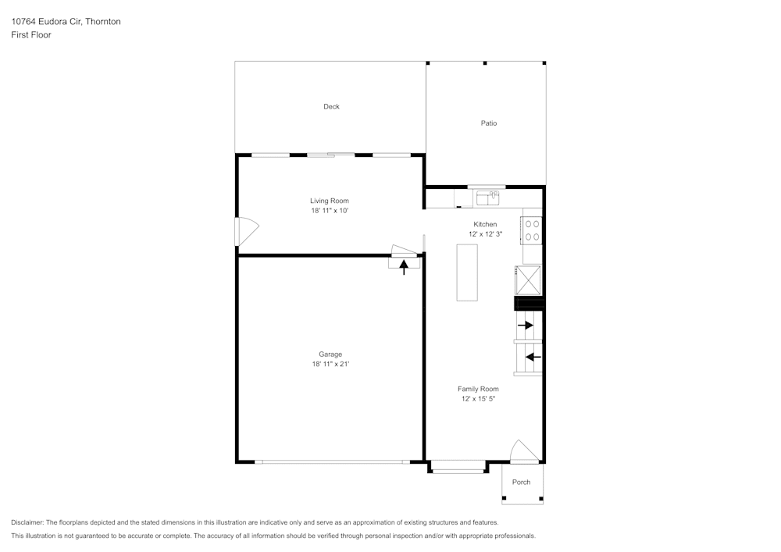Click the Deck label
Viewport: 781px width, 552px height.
coord(331,106)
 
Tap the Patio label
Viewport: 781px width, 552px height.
coord(489,123)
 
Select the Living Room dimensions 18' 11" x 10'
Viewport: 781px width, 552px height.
coord(330,211)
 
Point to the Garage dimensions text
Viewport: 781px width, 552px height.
coord(330,364)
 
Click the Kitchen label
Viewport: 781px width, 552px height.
coord(485,224)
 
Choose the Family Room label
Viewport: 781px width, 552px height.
coord(478,389)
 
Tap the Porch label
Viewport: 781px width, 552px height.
coord(522,482)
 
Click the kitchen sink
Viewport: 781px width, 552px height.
coord(487,198)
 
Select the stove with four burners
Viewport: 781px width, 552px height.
coord(532,230)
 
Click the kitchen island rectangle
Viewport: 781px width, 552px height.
coord(467,272)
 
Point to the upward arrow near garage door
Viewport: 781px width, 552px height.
coord(404,267)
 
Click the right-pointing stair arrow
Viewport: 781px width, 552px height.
coord(526,326)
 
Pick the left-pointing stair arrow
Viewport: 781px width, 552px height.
coord(533,357)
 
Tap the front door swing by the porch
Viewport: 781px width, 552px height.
coord(524,451)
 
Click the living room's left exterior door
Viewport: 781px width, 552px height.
coord(247,231)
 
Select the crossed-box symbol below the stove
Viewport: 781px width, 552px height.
coord(528,280)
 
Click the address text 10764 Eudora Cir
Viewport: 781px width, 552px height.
coord(47,21)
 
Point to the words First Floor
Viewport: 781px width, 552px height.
coord(31,35)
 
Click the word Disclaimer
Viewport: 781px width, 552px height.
coord(27,522)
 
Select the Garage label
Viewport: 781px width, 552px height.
coord(330,354)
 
